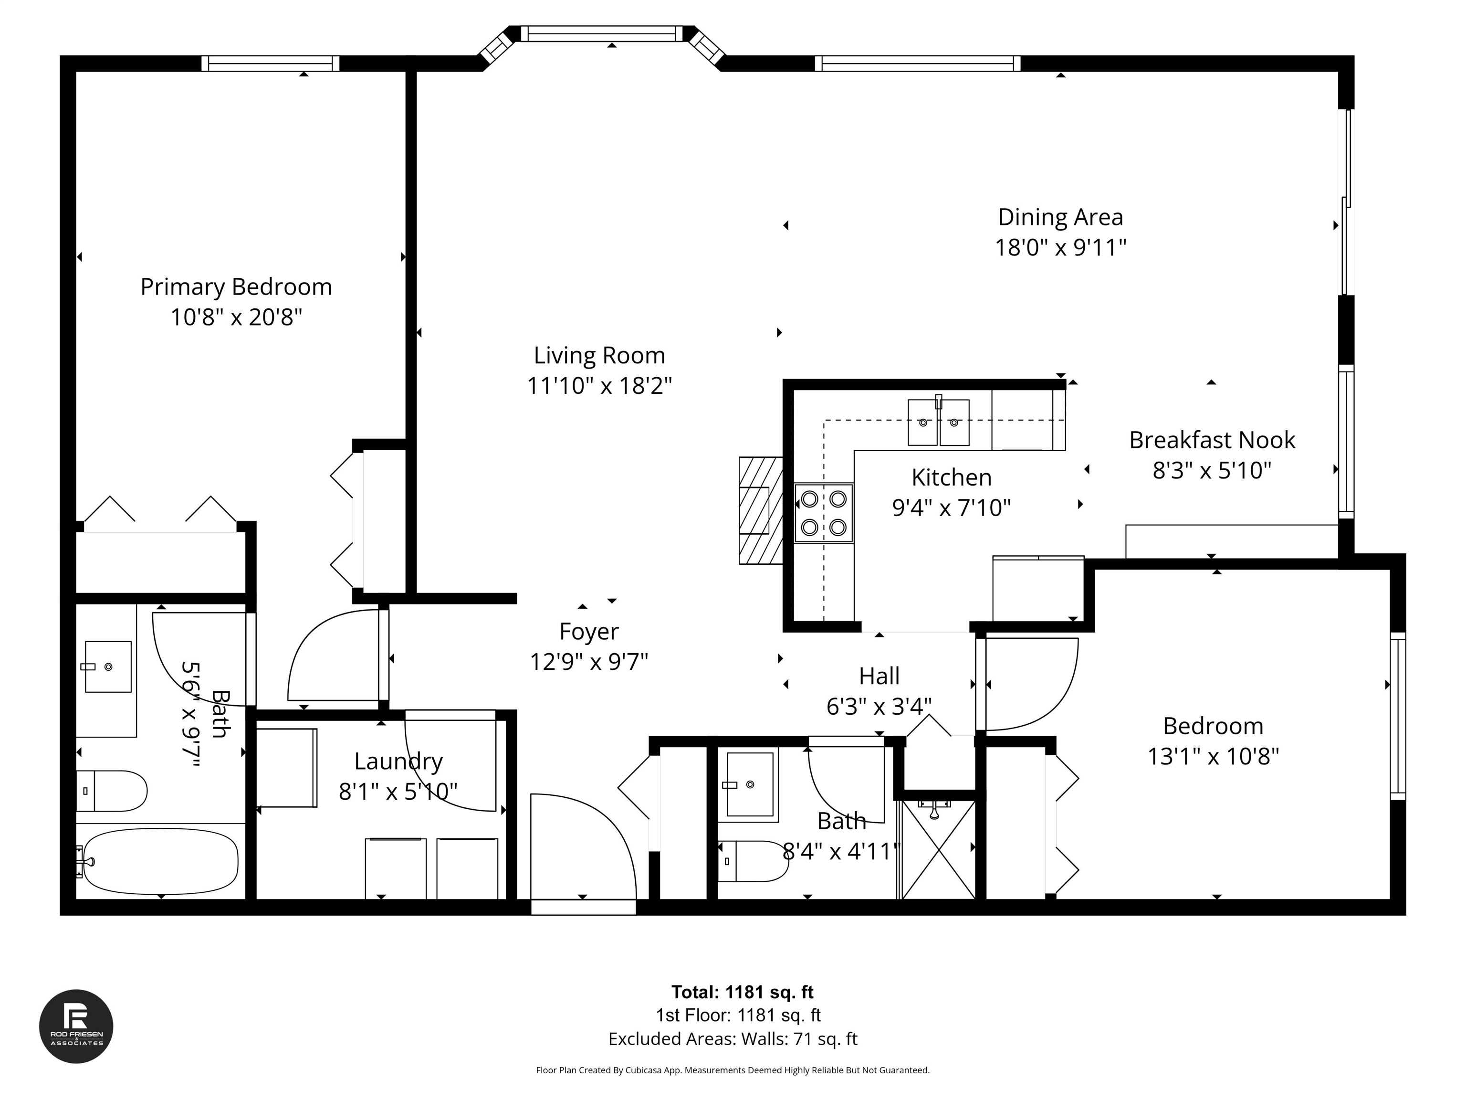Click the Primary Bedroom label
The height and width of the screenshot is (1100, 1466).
pyautogui.click(x=236, y=287)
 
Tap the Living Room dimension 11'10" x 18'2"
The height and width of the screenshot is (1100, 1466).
pyautogui.click(x=599, y=386)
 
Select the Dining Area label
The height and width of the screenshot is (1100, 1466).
pyautogui.click(x=1060, y=218)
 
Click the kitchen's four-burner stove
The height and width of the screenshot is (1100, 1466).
pyautogui.click(x=823, y=513)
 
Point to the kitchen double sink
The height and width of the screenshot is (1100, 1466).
pyautogui.click(x=938, y=423)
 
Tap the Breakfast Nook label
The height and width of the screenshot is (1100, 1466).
pyautogui.click(x=1212, y=440)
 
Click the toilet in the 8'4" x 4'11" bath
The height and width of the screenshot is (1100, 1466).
pyautogui.click(x=753, y=861)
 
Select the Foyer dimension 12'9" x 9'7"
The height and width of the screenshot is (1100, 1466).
pyautogui.click(x=588, y=662)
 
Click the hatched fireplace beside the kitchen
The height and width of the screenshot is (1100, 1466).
pyautogui.click(x=760, y=510)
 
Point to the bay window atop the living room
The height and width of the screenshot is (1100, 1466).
pyautogui.click(x=602, y=34)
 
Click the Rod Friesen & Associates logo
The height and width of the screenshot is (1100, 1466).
pyautogui.click(x=76, y=1026)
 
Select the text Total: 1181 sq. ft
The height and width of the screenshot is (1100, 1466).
pyautogui.click(x=742, y=992)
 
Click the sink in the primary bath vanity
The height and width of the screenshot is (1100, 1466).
pyautogui.click(x=108, y=666)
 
